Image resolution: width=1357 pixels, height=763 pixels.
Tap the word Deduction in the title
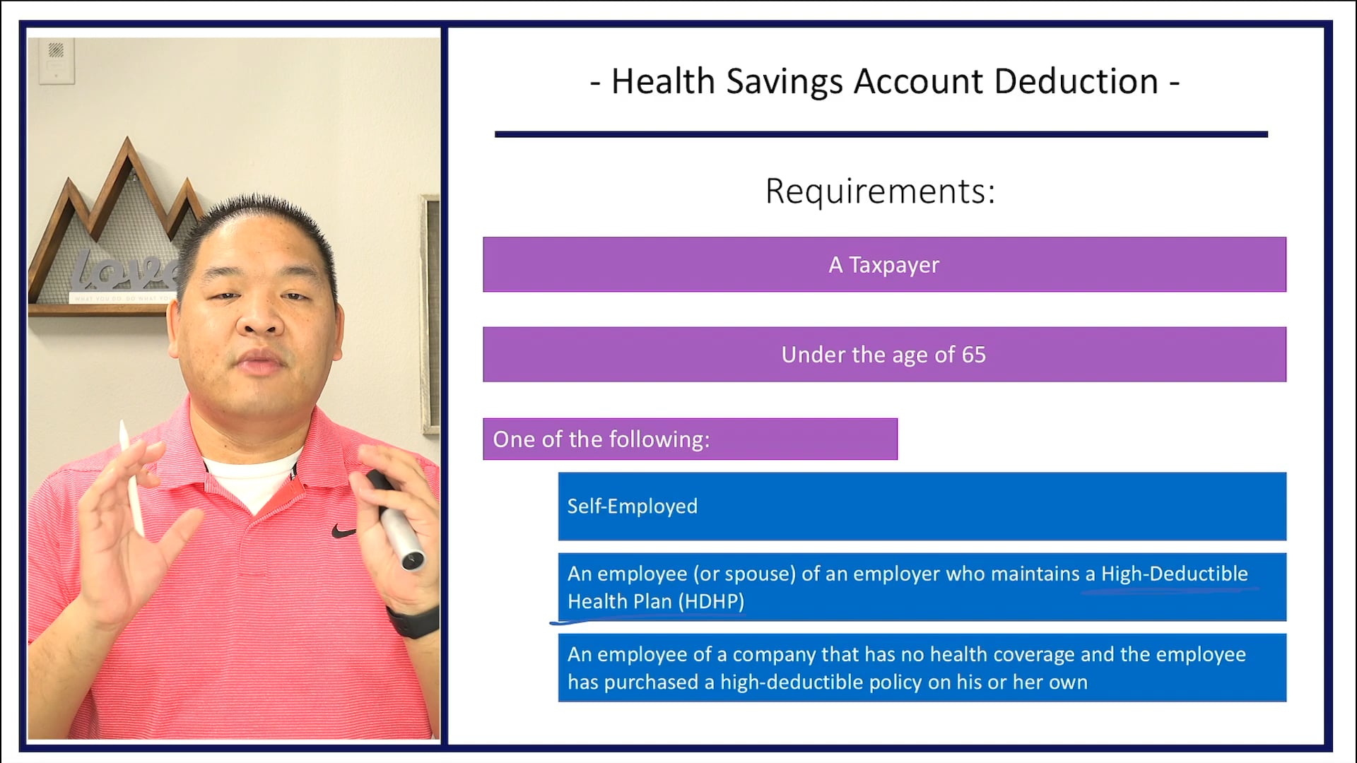(1076, 82)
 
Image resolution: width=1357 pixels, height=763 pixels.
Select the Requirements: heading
(880, 191)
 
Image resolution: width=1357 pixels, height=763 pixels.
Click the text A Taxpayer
(883, 265)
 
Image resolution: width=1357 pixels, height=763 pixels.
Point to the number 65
(973, 355)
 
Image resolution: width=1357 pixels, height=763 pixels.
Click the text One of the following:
(601, 439)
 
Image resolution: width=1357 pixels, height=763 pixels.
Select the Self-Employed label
(632, 507)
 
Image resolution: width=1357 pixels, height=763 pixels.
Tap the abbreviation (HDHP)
(711, 602)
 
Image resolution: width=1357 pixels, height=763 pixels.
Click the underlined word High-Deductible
(1174, 574)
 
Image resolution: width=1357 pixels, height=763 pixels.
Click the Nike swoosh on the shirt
(343, 531)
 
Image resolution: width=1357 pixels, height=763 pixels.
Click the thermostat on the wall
(57, 61)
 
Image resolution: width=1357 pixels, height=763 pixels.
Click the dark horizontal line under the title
(881, 134)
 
